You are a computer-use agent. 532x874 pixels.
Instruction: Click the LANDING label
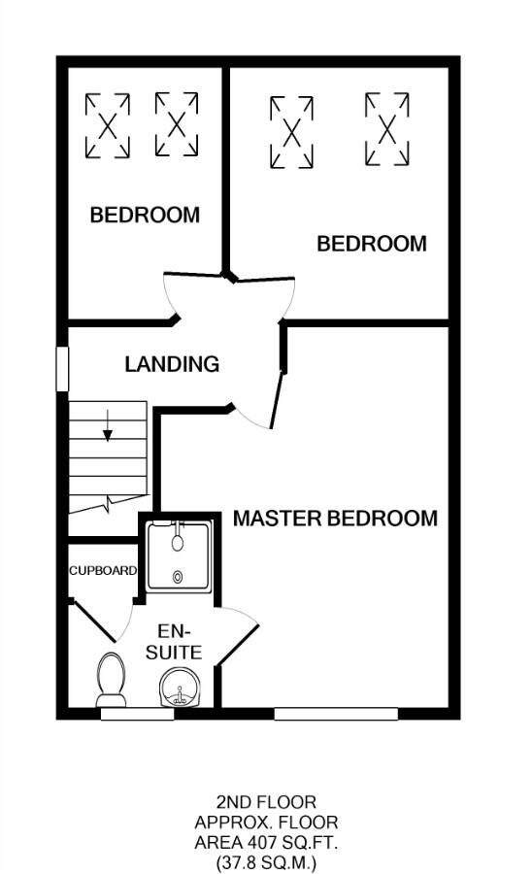(172, 364)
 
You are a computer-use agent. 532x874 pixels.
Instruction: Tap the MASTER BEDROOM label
(334, 518)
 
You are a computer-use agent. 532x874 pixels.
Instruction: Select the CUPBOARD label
(102, 571)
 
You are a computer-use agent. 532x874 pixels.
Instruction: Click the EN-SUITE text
(175, 641)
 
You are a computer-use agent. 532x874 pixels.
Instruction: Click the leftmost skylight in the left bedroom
(107, 125)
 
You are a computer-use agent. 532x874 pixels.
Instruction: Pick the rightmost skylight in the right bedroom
(385, 128)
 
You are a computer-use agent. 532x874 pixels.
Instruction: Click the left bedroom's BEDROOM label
(145, 215)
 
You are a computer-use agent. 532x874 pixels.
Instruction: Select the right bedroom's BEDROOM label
(372, 244)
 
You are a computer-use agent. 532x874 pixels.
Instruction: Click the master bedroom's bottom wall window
(335, 714)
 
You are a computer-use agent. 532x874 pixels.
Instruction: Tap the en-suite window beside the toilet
(137, 714)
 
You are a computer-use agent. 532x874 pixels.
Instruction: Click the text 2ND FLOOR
(266, 802)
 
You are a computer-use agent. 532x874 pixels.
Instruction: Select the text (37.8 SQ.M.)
(266, 861)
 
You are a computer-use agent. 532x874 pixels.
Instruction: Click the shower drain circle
(178, 577)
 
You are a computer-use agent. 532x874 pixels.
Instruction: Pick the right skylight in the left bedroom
(176, 125)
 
